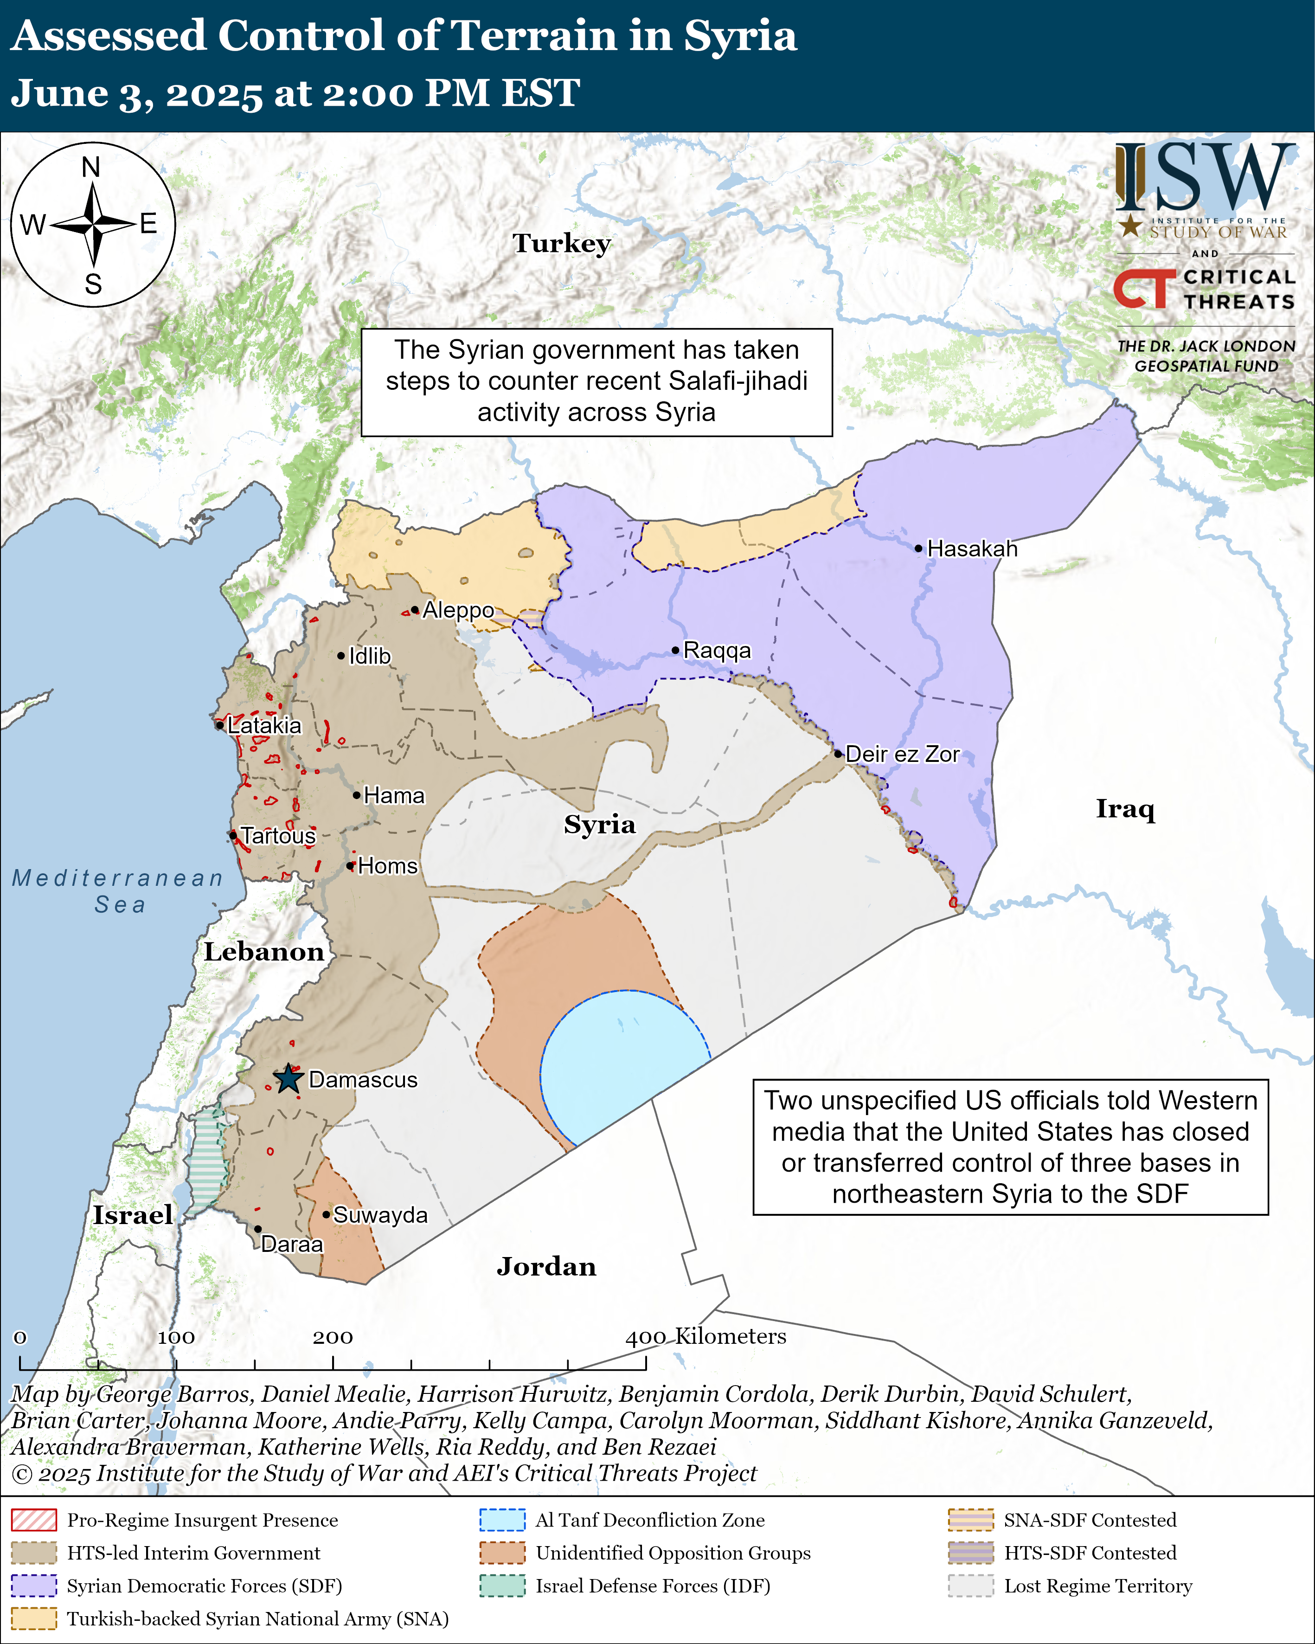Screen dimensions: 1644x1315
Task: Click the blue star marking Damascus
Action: pos(288,1079)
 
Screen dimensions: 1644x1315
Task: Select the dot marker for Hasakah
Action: pos(918,548)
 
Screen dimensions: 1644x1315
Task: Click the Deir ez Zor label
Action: pos(902,754)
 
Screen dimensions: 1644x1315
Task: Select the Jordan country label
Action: pos(546,1267)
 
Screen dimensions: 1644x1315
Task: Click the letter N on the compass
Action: pos(91,167)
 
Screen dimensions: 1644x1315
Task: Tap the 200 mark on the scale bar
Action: pos(333,1337)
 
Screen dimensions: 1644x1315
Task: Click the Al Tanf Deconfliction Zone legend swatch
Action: pos(502,1520)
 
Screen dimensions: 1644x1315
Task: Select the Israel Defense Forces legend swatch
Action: pos(502,1585)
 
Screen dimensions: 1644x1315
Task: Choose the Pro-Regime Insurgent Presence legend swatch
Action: pos(33,1520)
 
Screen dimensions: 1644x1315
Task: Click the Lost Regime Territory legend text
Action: pos(1098,1585)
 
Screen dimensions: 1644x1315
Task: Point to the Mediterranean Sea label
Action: pos(118,890)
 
